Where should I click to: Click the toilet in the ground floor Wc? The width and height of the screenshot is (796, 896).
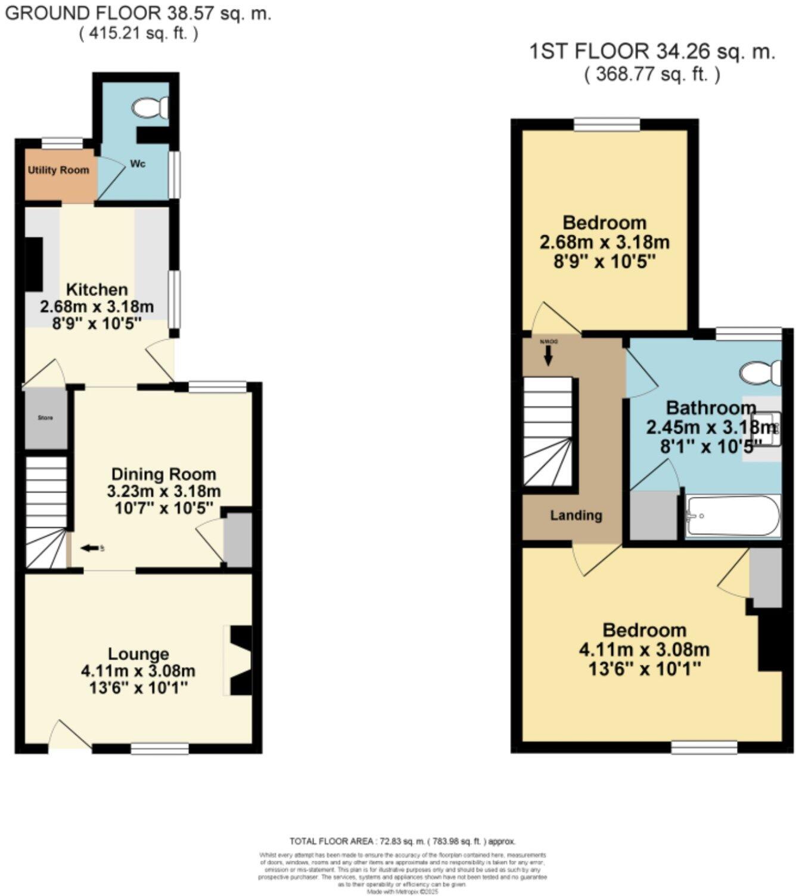[x=151, y=108]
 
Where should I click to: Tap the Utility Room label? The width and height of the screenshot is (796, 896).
[x=58, y=170]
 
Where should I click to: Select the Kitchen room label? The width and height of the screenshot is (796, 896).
[x=97, y=290]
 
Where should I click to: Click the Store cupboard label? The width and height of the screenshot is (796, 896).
[x=45, y=418]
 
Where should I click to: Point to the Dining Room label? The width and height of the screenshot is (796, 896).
[x=164, y=475]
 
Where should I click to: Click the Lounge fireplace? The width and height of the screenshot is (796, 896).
[x=240, y=660]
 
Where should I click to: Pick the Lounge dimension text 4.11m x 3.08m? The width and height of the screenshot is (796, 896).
[x=138, y=671]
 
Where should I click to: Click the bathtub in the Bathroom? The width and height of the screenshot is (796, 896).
[x=732, y=516]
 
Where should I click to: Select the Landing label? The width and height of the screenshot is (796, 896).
[x=576, y=516]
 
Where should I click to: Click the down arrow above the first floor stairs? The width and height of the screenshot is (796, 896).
[x=548, y=356]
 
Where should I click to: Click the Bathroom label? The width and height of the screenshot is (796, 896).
[x=711, y=408]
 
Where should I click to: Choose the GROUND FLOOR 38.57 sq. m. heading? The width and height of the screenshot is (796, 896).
[x=138, y=13]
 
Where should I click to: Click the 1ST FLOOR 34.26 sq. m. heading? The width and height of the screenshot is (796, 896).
[x=652, y=52]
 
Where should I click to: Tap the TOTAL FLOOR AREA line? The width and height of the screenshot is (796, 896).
[x=403, y=841]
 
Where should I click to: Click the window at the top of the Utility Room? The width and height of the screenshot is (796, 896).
[x=62, y=142]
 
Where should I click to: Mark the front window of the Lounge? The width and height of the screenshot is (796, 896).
[x=159, y=748]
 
